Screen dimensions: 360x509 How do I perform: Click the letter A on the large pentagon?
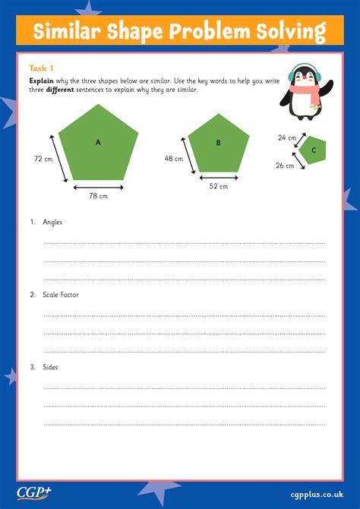point(98,142)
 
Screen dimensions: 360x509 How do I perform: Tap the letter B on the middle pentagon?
point(218,143)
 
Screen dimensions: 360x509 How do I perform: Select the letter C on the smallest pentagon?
point(313,150)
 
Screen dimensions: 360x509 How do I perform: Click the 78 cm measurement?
point(98,196)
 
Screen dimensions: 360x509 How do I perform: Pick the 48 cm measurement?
point(174,159)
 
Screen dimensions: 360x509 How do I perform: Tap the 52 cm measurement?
point(219,186)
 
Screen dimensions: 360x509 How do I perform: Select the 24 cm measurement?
point(287,138)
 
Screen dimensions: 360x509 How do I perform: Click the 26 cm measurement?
point(285,165)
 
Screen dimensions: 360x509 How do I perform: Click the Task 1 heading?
point(41,68)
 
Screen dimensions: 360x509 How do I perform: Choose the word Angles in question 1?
point(52,222)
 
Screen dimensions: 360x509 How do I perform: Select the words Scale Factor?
point(61,294)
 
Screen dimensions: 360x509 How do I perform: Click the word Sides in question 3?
point(50,367)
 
